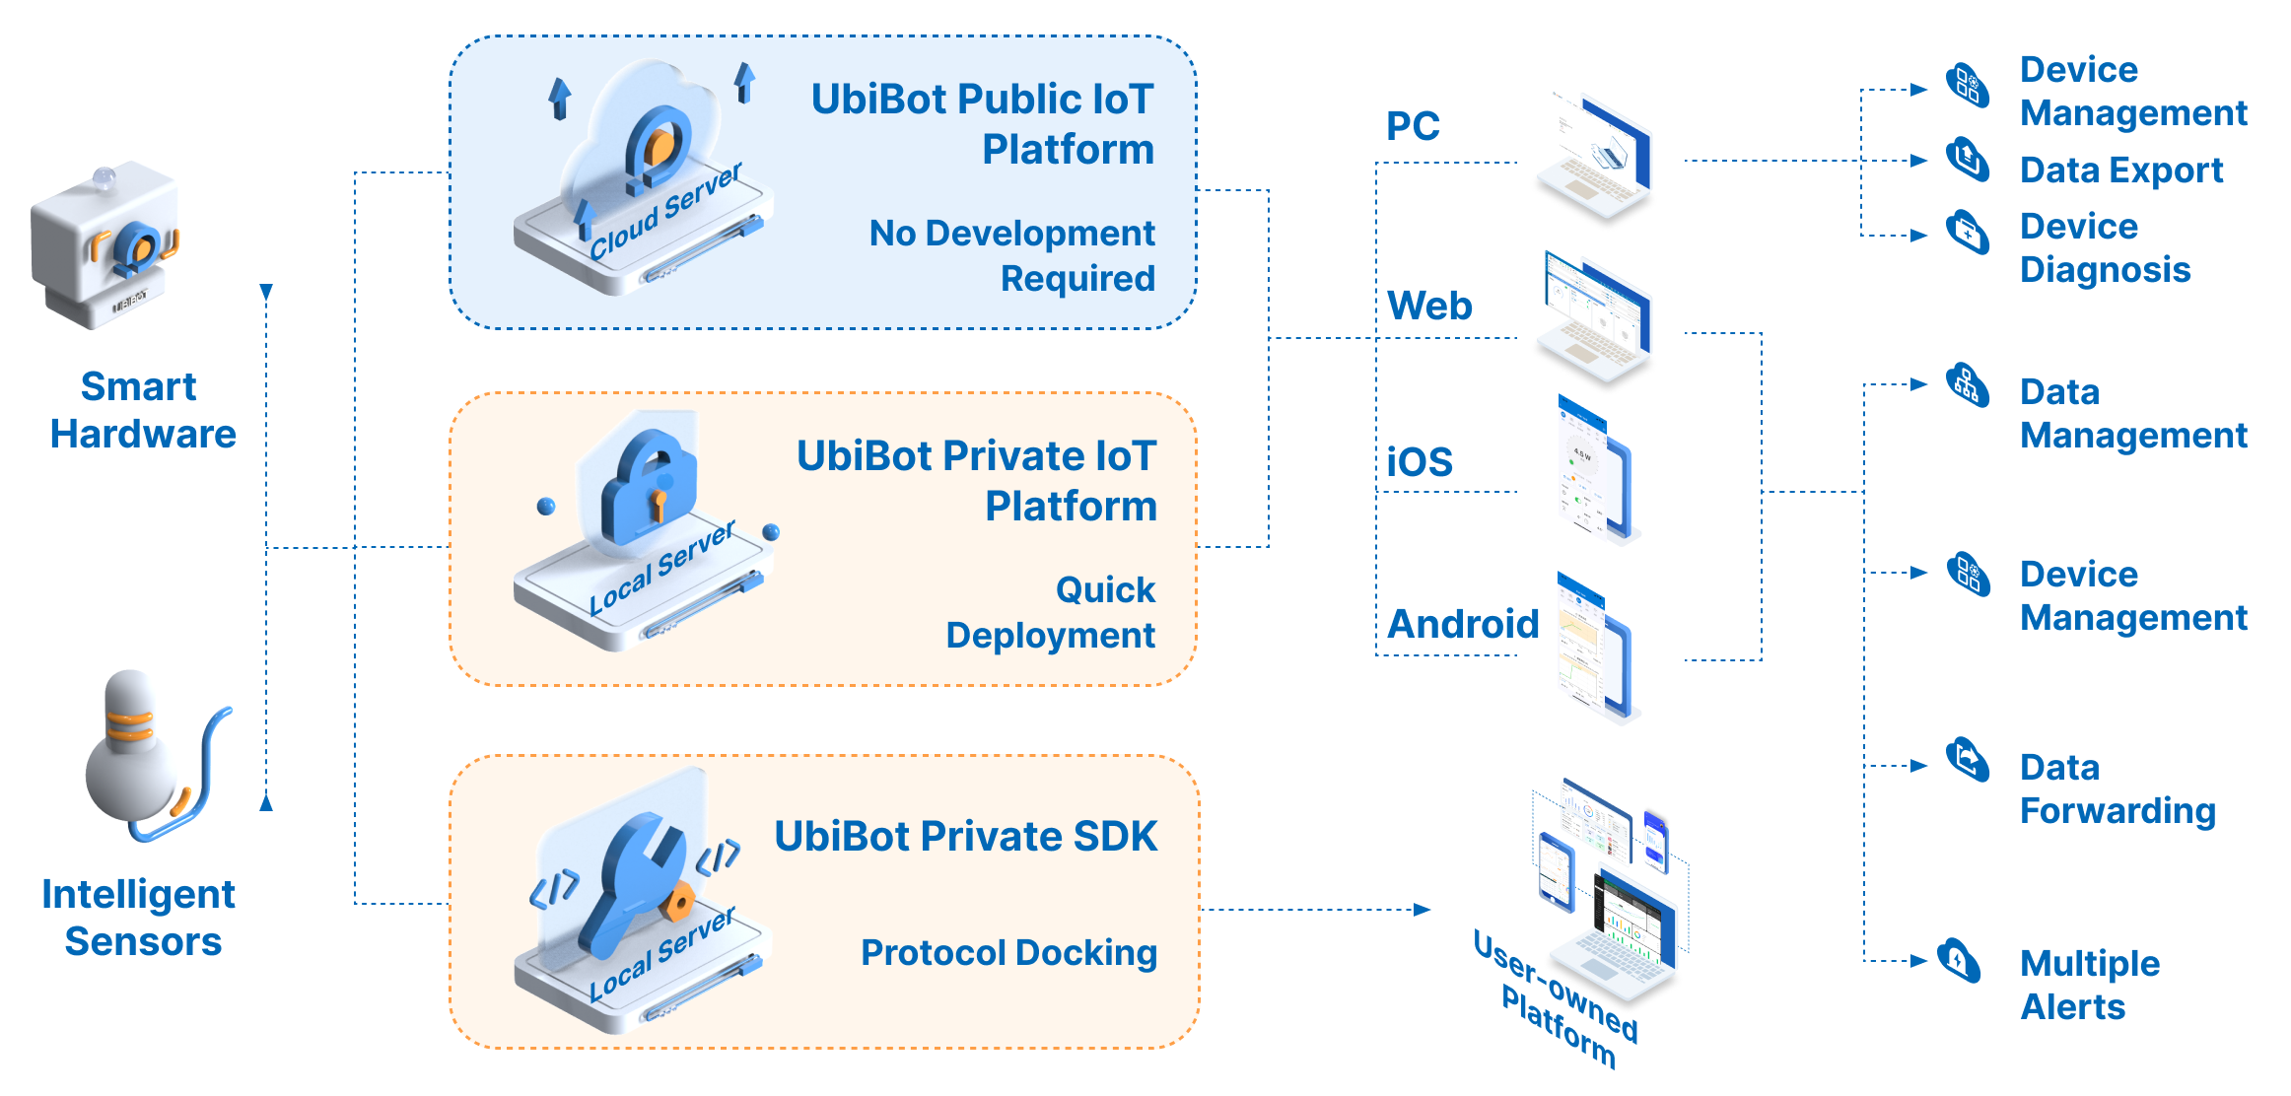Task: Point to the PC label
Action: pos(1413,126)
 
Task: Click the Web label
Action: pos(1429,306)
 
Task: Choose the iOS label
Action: pos(1420,461)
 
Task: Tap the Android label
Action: pos(1463,624)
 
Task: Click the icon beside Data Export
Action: pos(1968,160)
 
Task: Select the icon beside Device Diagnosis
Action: pos(1968,233)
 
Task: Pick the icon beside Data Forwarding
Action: pos(1968,760)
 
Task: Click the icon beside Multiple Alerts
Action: pos(1959,960)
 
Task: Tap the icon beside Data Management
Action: pos(1968,384)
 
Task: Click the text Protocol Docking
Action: pos(1008,953)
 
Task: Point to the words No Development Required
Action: pos(1012,256)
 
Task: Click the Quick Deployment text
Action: pos(1051,612)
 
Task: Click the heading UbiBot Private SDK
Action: pos(965,837)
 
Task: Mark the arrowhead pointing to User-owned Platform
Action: pos(1422,910)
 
